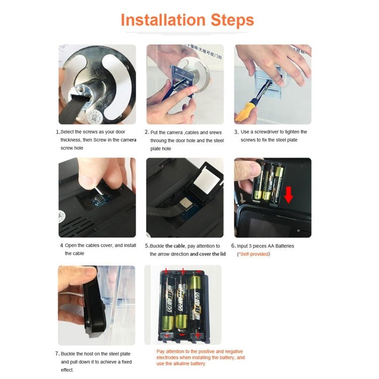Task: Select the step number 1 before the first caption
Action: pos(57,132)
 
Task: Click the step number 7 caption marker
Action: pos(57,353)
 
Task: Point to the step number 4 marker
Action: pos(61,246)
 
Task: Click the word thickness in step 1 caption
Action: pos(70,140)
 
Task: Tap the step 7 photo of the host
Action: pos(96,305)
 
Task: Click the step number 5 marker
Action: pos(147,246)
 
